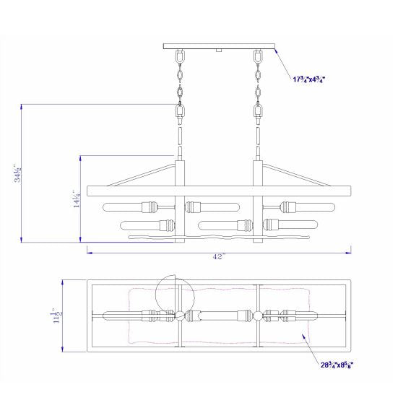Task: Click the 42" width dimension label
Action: click(x=219, y=256)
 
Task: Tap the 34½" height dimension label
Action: click(x=17, y=173)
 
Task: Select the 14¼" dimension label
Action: click(x=77, y=199)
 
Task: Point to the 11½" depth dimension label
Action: click(x=57, y=316)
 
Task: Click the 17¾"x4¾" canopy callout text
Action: click(x=309, y=79)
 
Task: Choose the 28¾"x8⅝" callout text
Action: click(x=337, y=365)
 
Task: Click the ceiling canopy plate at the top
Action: click(x=219, y=46)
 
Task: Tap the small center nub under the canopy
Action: click(x=218, y=51)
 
